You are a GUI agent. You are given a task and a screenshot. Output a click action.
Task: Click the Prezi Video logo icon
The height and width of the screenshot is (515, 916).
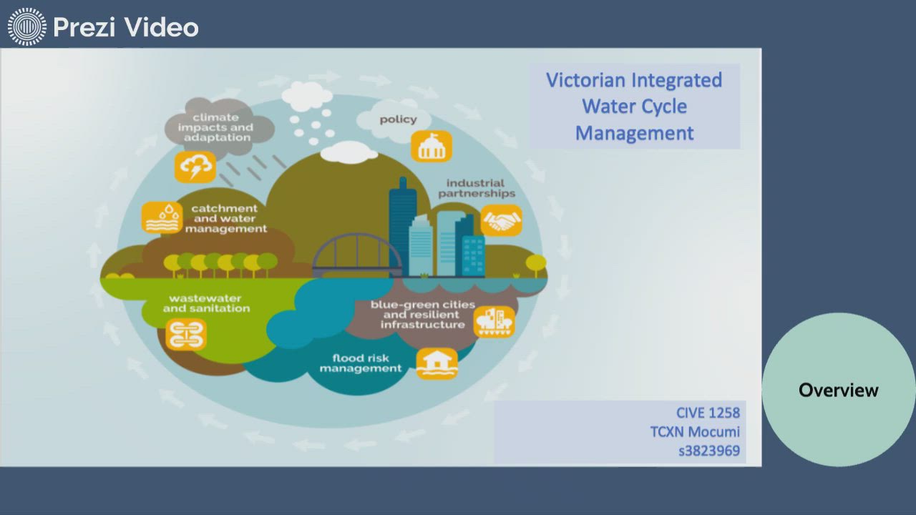tap(27, 27)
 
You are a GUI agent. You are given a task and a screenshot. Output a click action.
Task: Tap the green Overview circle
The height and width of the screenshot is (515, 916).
tap(838, 390)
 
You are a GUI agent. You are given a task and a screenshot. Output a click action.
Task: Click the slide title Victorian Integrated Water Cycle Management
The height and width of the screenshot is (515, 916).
tap(634, 107)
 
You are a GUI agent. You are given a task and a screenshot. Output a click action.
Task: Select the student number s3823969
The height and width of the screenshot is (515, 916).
tap(709, 451)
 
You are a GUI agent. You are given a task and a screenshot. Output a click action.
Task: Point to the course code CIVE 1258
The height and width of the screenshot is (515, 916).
tap(708, 413)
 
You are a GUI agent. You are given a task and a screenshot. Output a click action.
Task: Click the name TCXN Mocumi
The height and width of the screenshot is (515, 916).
tap(695, 432)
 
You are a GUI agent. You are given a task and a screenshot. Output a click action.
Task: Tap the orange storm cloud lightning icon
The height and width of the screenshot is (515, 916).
tap(195, 167)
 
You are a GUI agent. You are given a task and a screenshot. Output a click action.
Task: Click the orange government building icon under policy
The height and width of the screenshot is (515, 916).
tap(431, 146)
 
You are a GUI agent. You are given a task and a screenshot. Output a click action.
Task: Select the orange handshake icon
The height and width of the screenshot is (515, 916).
tap(501, 220)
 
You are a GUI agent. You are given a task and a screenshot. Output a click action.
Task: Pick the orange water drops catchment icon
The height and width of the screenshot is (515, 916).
tap(162, 217)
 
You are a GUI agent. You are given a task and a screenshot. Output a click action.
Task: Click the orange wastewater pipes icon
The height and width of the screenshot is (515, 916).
tap(186, 334)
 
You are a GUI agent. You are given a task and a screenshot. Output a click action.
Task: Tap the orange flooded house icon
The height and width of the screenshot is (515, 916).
tap(437, 363)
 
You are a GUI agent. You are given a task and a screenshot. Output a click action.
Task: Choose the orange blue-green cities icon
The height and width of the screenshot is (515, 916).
tap(494, 322)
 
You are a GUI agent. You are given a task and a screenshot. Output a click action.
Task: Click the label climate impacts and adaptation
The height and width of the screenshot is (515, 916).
tap(215, 127)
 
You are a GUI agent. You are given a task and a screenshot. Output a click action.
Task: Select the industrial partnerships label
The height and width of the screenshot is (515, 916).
tap(476, 188)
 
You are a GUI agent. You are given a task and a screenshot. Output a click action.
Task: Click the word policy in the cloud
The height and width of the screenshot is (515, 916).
tap(398, 119)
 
